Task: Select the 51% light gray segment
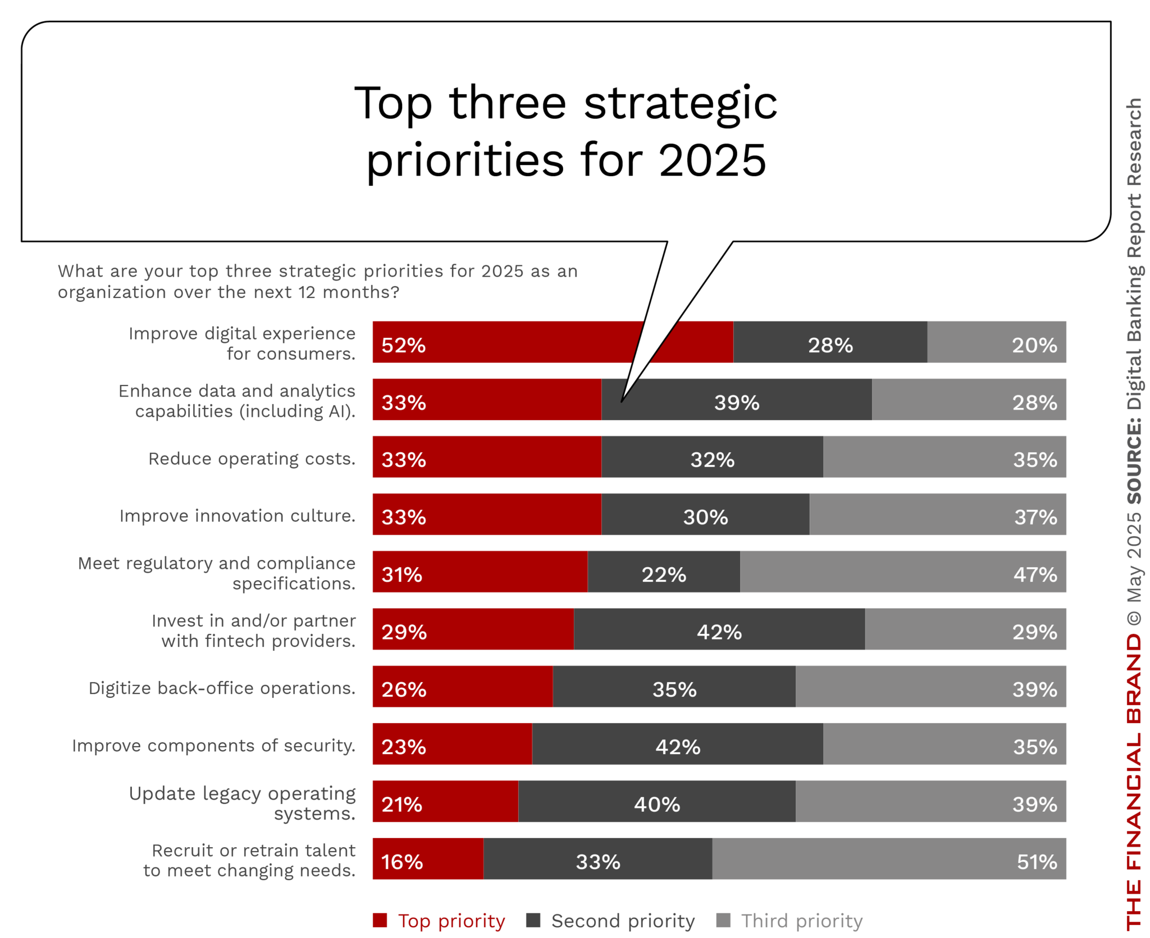pyautogui.click(x=887, y=858)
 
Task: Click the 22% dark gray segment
pyautogui.click(x=663, y=571)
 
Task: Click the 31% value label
pyautogui.click(x=401, y=574)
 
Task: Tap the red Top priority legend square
pyautogui.click(x=380, y=920)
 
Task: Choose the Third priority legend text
pyautogui.click(x=801, y=921)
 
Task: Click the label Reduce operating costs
pyautogui.click(x=252, y=458)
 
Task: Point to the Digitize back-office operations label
pyautogui.click(x=222, y=688)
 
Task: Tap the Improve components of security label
pyautogui.click(x=213, y=745)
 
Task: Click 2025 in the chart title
pyautogui.click(x=711, y=160)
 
